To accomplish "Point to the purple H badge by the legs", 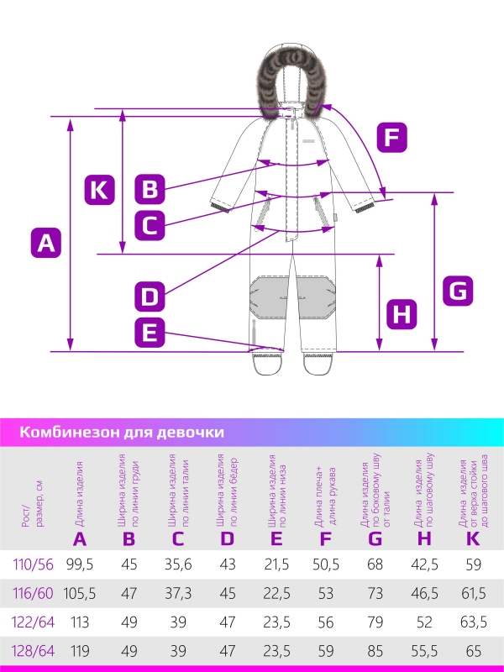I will (x=402, y=315).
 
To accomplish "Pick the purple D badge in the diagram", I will (x=150, y=296).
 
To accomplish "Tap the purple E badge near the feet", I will (x=150, y=333).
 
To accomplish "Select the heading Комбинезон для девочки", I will (x=121, y=433).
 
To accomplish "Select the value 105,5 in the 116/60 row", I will (x=80, y=592).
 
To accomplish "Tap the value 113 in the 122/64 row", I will (x=80, y=622).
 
